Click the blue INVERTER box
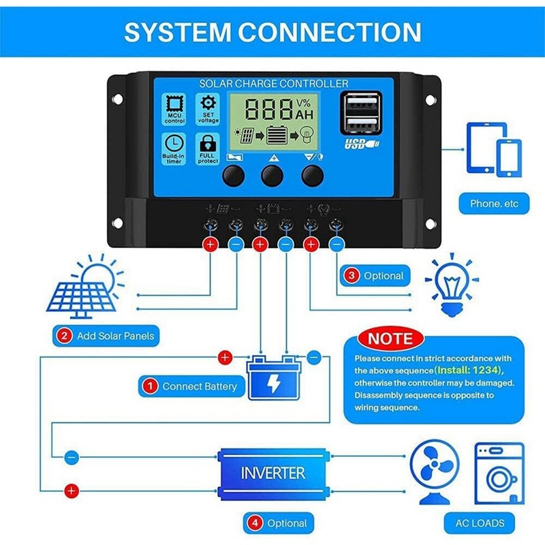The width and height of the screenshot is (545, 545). tap(272, 471)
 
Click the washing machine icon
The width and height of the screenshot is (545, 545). tap(499, 473)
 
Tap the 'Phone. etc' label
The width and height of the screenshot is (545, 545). tap(494, 203)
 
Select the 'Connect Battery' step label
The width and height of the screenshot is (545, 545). tap(191, 386)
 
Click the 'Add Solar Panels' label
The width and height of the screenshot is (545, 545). tap(106, 336)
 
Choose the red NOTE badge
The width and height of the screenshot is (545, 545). tap(390, 339)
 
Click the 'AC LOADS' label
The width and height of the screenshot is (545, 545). tap(480, 523)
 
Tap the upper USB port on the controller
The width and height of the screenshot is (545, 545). tap(356, 102)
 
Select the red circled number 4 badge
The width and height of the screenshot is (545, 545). tap(253, 523)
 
